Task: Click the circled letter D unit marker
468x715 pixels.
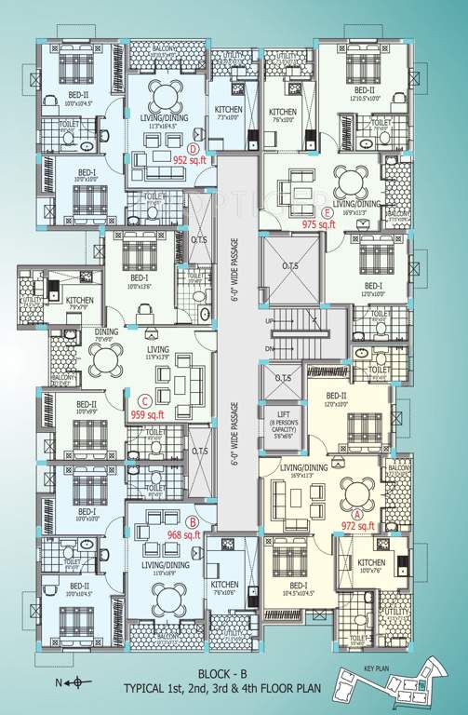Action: (194, 148)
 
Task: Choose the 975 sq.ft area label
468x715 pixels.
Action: (319, 224)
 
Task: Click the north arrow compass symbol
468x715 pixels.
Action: (72, 683)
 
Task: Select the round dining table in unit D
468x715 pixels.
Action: (167, 92)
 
